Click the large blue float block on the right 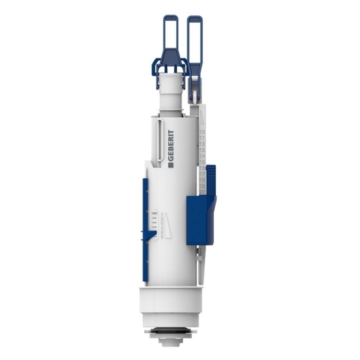click(x=200, y=220)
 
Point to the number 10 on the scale click(x=202, y=133)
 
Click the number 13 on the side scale click(x=202, y=150)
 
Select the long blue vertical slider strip click(x=145, y=230)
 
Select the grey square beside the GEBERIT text click(x=170, y=164)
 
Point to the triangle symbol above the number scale click(x=202, y=117)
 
